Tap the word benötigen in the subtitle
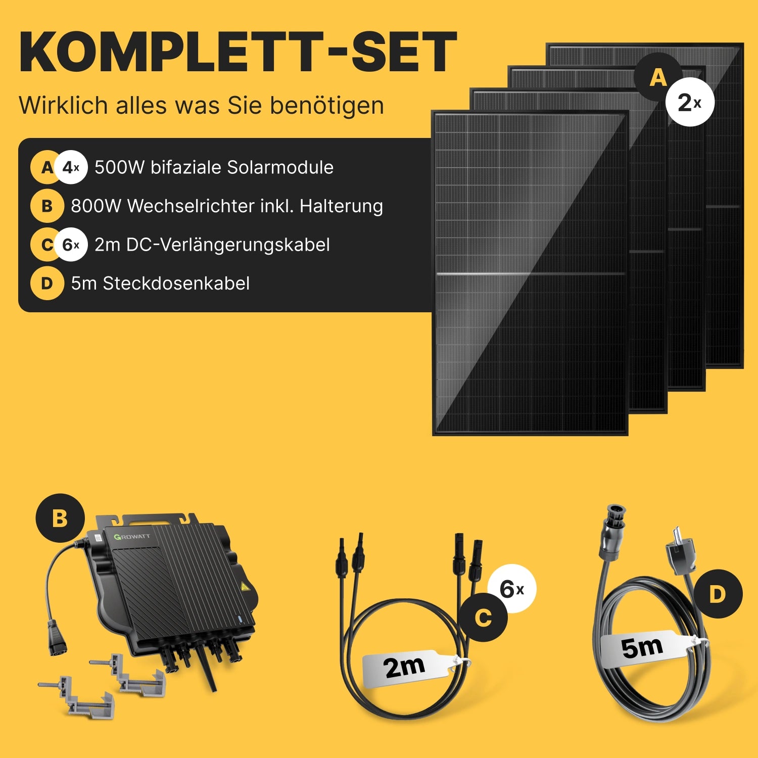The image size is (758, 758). point(326,106)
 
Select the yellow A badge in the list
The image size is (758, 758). point(46,167)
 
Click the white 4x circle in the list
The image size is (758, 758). point(71,167)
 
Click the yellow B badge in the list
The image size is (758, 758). point(47,206)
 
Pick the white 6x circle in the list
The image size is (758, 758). point(71,245)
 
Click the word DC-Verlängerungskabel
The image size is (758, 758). point(228,245)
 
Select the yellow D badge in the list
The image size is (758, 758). point(47,283)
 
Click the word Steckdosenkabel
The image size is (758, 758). point(176,283)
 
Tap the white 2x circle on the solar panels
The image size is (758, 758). point(689,102)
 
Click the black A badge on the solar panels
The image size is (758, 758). point(658,77)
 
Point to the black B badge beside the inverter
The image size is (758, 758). point(60,518)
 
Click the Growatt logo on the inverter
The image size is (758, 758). point(132,536)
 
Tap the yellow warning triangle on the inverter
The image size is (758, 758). point(246,587)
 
